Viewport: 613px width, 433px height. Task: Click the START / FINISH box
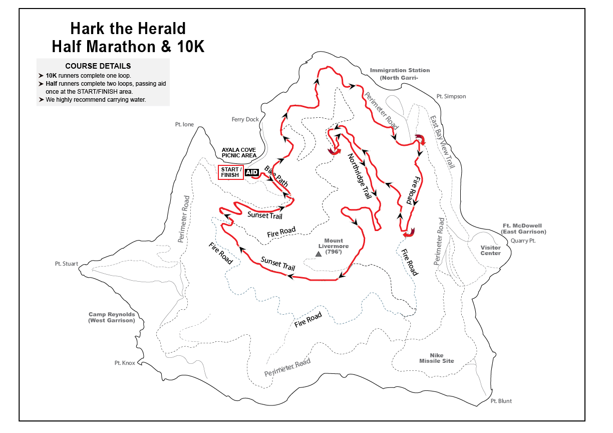230,172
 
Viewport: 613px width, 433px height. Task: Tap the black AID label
252,172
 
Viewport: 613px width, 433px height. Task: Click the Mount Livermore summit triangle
319,254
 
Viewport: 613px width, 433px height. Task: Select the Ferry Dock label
245,119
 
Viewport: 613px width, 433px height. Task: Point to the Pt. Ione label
184,124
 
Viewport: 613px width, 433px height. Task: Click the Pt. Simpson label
451,96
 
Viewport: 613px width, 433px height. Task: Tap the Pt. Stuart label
67,264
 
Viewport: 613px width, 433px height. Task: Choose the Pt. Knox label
125,363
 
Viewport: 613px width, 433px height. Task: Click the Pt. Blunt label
501,401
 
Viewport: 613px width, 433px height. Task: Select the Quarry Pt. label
523,241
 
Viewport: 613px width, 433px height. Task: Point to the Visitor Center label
490,250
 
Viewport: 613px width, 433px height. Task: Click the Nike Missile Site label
437,358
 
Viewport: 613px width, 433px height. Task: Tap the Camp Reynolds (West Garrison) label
112,317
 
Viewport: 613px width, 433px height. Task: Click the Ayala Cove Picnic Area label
239,152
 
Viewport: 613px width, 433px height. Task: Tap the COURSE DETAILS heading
98,66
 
